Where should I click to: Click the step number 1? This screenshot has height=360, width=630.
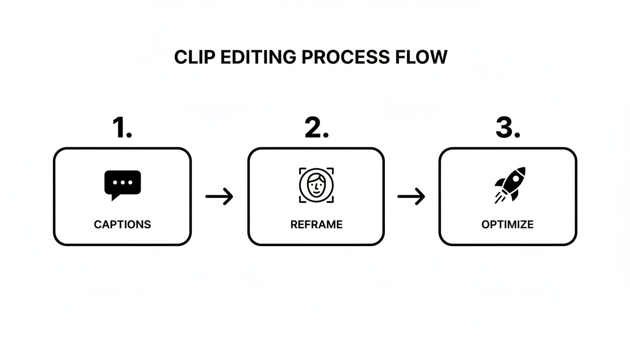click(x=122, y=127)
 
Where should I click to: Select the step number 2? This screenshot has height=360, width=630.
click(x=316, y=127)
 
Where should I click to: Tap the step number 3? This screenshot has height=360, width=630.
click(x=508, y=127)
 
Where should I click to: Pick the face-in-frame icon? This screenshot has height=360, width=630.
click(x=316, y=185)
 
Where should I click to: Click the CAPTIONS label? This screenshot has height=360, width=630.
click(x=122, y=225)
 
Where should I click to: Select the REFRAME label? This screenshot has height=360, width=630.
click(x=316, y=225)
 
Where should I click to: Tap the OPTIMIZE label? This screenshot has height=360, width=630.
click(x=507, y=225)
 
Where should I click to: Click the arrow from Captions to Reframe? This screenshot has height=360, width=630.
click(x=219, y=196)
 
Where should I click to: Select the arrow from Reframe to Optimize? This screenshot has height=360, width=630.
click(x=411, y=196)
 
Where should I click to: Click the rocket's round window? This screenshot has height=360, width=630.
click(x=517, y=177)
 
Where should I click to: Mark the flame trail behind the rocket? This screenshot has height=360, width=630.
click(x=499, y=198)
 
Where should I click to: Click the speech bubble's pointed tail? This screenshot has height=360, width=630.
click(x=114, y=197)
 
